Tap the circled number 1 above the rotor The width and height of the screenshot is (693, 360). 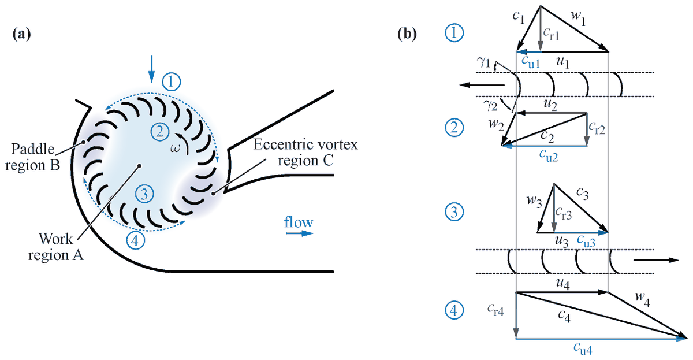pos(172,81)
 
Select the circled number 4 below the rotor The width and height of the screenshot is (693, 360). pos(134,241)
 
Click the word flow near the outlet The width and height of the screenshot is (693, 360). pos(299,222)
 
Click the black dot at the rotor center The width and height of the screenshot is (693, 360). pos(139,166)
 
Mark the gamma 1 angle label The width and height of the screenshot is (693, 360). pos(483,62)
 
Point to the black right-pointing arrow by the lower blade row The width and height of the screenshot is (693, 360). pos(655,260)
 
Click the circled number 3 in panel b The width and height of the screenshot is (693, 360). pos(456,212)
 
